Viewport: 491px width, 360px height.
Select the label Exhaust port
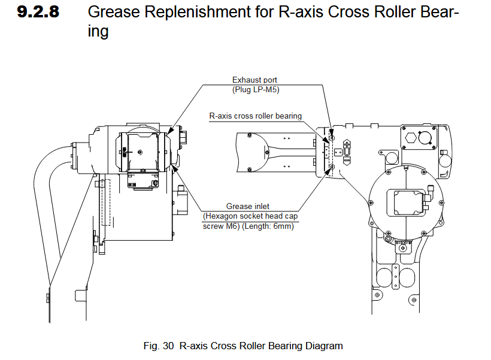(x=254, y=80)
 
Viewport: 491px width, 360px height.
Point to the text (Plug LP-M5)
(x=254, y=89)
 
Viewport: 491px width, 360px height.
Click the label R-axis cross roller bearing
(x=255, y=116)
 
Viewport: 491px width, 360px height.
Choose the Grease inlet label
(x=247, y=207)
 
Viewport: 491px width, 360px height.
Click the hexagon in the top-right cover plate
(x=411, y=135)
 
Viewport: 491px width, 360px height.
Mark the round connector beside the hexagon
(x=428, y=136)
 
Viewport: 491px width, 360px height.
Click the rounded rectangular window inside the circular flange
(x=408, y=202)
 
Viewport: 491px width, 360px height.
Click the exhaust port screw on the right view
(x=332, y=138)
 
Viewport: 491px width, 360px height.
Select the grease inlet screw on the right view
(x=332, y=167)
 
